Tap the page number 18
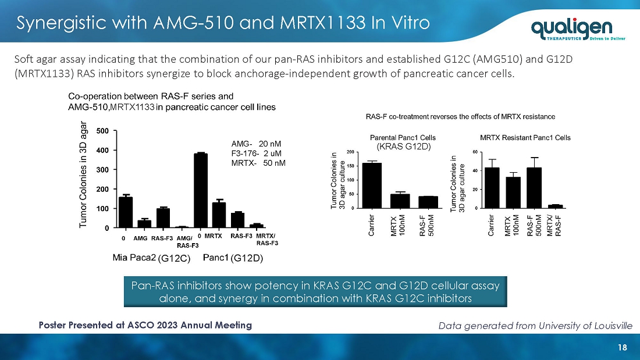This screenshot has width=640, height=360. click(x=622, y=347)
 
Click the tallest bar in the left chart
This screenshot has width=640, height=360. click(x=200, y=190)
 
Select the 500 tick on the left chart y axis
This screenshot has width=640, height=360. click(x=102, y=131)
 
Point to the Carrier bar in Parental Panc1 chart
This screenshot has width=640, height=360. click(x=372, y=185)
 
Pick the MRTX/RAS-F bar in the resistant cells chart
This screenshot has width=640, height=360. click(x=555, y=206)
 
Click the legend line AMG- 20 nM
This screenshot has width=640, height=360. click(x=256, y=144)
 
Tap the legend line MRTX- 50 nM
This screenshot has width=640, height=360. click(x=258, y=163)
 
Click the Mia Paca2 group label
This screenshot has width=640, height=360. click(x=151, y=258)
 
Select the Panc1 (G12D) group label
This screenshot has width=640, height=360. click(x=233, y=258)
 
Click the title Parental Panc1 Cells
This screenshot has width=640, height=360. click(x=403, y=138)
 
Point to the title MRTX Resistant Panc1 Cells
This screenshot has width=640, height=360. click(x=525, y=138)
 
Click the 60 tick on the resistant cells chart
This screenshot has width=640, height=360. click(x=475, y=152)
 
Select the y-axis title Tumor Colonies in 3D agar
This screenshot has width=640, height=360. click(x=83, y=174)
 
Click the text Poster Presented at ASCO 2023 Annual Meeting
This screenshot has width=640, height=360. click(x=145, y=325)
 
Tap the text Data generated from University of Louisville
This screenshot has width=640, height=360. click(x=535, y=326)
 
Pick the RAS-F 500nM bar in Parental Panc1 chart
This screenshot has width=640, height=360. click(x=428, y=202)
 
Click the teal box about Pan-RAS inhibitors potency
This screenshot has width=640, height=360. click(x=315, y=291)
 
